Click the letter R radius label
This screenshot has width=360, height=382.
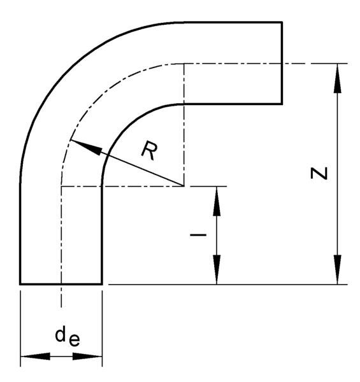coord(149,151)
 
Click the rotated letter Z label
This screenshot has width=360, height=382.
coord(319,173)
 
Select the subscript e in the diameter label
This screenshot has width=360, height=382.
coord(75,341)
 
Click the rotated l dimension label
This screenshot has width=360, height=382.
coord(198,235)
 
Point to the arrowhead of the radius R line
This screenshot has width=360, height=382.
coord(85,147)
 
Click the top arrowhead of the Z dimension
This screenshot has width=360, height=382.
coord(338,78)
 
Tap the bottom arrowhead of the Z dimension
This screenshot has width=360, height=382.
coord(338,269)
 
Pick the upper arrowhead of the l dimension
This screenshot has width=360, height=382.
coord(217,201)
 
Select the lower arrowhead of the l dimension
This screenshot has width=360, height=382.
coord(217,269)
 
